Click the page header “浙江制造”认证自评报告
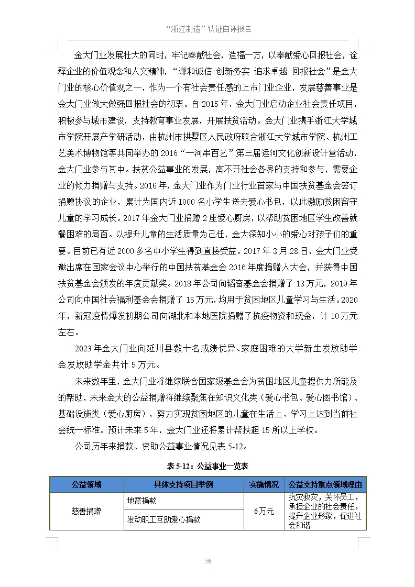[208, 29]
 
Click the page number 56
[208, 561]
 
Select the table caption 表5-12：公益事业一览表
[207, 466]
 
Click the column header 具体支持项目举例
[183, 484]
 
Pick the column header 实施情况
[264, 484]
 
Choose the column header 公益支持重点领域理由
[325, 484]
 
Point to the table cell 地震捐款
[142, 501]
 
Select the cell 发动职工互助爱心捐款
[163, 520]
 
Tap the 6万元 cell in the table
[264, 511]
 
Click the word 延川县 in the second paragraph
[158, 349]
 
